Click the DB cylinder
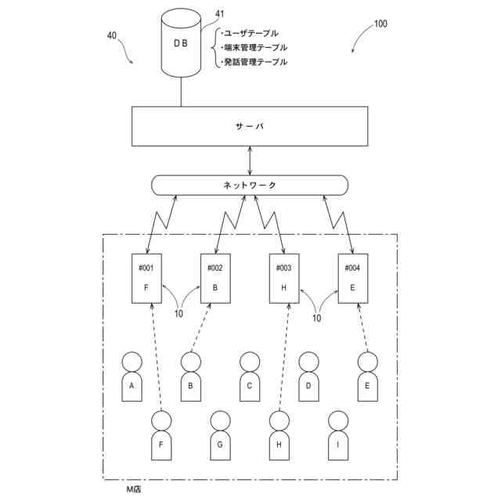coord(181,44)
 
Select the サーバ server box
coord(250,126)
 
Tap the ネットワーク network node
coord(250,185)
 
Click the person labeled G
coord(220,434)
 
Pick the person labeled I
coord(337,434)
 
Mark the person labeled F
coord(161,434)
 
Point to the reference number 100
coord(380,23)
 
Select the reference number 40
coord(112,35)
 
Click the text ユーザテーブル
coord(250,33)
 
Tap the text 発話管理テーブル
coord(254,61)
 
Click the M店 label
coord(134,488)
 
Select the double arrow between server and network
coord(250,160)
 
